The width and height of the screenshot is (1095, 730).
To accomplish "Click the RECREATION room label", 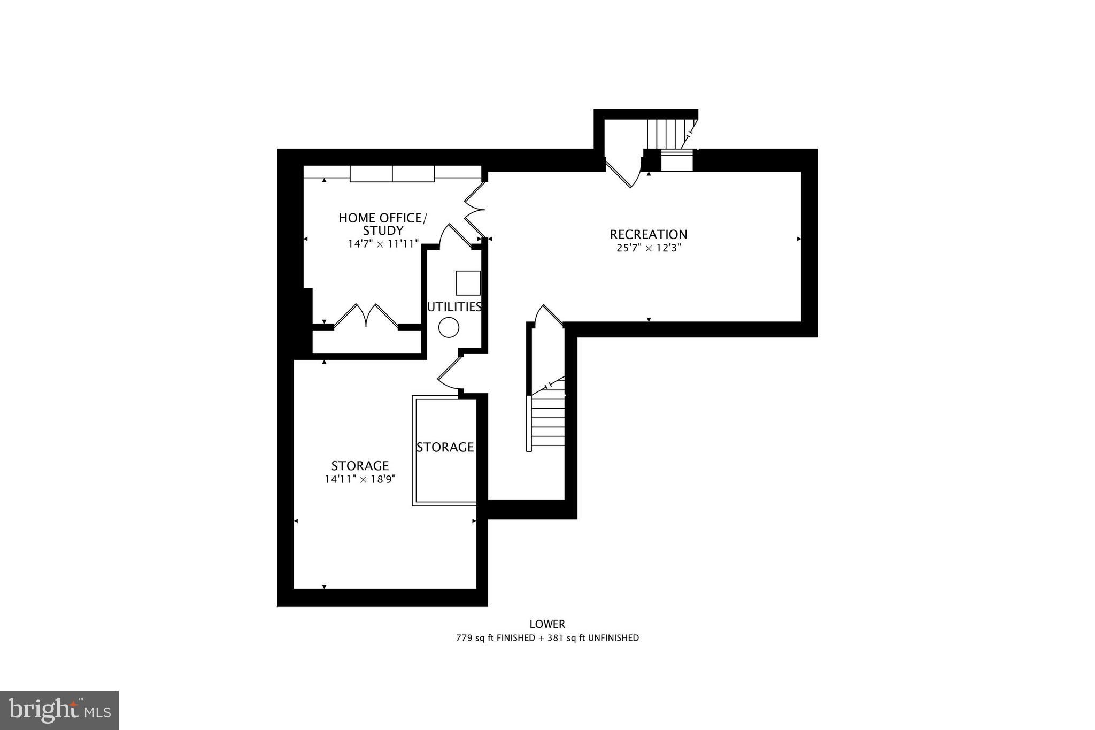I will click(x=648, y=234).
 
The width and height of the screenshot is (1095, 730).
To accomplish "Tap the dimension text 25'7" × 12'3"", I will click(x=648, y=248).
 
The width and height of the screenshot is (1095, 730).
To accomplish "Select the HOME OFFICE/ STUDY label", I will click(x=383, y=224).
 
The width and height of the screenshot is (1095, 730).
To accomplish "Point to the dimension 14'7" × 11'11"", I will click(x=383, y=244).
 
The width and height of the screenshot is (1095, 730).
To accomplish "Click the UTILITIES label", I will click(x=454, y=307).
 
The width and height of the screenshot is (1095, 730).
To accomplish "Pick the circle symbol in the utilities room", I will click(x=449, y=327).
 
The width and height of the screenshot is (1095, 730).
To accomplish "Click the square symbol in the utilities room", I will click(x=468, y=283).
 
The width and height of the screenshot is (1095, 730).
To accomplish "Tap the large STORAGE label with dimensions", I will click(x=360, y=465).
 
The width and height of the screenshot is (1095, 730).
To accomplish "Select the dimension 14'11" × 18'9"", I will click(x=360, y=479).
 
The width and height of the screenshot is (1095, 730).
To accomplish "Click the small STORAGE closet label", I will click(x=445, y=447).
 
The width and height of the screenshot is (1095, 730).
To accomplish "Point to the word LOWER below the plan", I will click(x=547, y=624).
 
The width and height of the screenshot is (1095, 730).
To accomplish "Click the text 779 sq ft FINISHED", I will click(x=495, y=638).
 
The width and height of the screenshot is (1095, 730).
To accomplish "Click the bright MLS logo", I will click(x=59, y=710).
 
